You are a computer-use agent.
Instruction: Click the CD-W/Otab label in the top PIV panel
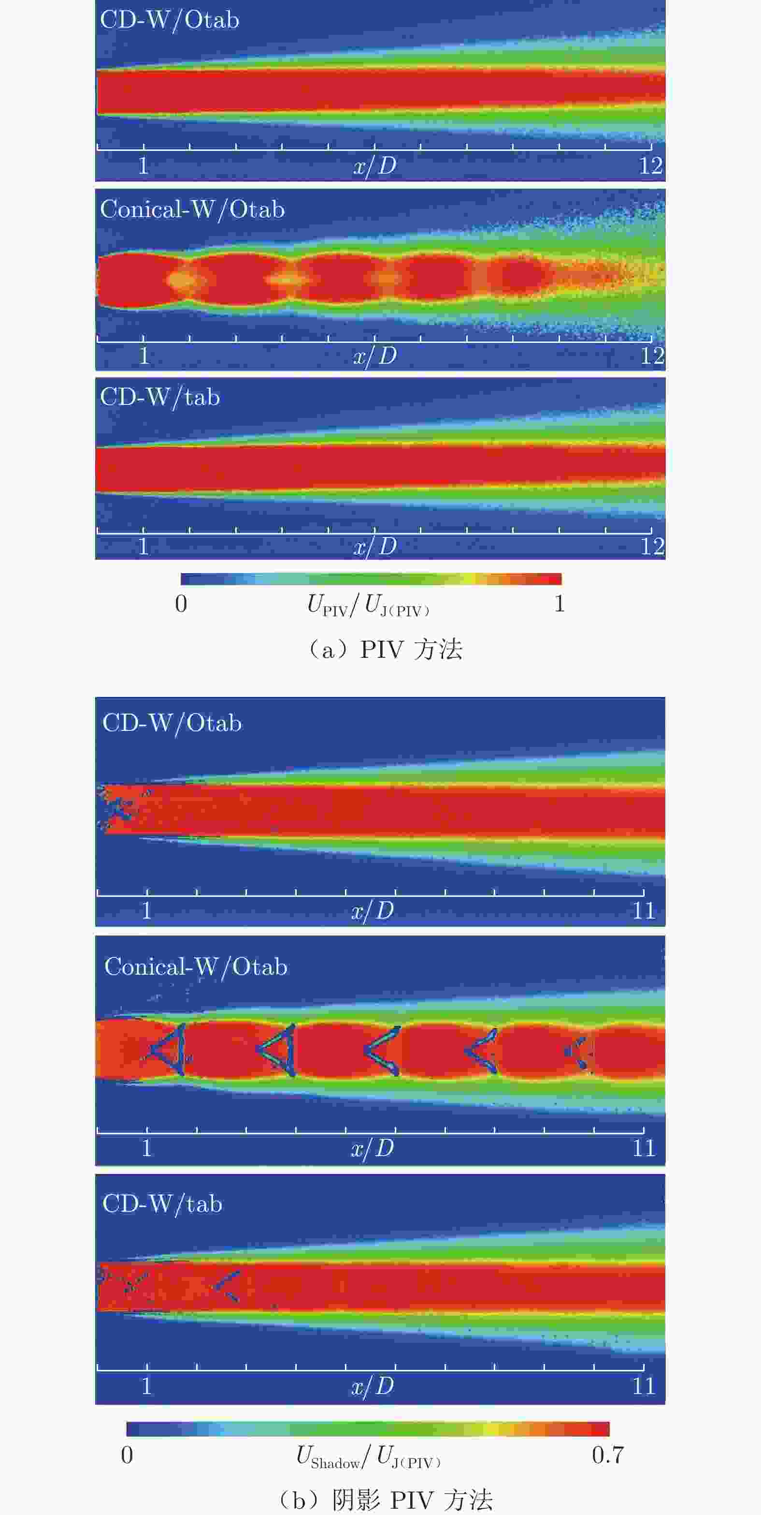click(x=169, y=20)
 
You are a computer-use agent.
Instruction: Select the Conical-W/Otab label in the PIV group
click(x=192, y=209)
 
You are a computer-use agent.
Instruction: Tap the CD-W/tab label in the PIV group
click(x=160, y=398)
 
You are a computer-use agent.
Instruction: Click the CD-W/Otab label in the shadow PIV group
click(x=172, y=723)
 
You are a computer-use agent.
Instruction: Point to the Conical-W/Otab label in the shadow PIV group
click(x=196, y=967)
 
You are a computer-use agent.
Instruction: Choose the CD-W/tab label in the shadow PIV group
click(x=162, y=1203)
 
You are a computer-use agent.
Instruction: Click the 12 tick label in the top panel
click(x=650, y=166)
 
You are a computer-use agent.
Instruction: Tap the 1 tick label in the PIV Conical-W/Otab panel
click(x=144, y=356)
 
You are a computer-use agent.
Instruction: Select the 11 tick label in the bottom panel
click(x=644, y=1386)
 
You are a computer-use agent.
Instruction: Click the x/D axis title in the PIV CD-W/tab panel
click(x=375, y=547)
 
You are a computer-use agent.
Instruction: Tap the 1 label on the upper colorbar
click(x=560, y=603)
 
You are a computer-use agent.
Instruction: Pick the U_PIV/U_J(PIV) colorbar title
click(x=369, y=605)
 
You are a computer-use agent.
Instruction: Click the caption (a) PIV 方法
click(x=385, y=649)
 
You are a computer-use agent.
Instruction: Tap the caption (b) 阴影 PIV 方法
click(x=385, y=1499)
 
